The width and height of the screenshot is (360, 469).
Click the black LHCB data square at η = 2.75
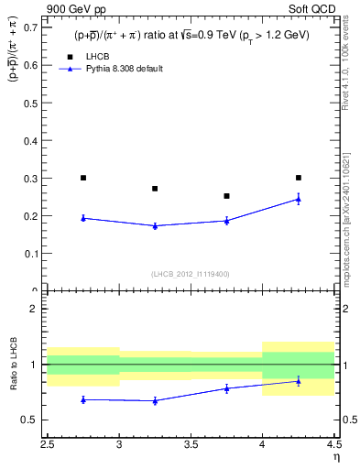83,178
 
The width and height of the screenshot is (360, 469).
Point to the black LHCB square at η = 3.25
155,189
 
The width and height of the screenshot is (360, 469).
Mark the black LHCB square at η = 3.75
226,196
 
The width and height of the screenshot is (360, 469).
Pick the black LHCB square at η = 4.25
298,178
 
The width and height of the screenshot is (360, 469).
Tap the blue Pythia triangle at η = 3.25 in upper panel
155,225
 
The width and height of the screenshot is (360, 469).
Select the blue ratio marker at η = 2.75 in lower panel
83,399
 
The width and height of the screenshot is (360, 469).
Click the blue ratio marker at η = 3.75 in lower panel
226,388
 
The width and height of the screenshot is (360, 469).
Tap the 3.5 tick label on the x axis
191,446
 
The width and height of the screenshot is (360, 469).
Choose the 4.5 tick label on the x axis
333,446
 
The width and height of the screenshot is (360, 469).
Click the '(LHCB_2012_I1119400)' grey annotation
191,274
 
